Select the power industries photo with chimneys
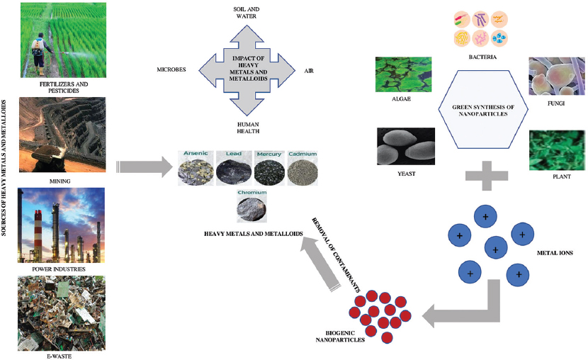click(x=64, y=225)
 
